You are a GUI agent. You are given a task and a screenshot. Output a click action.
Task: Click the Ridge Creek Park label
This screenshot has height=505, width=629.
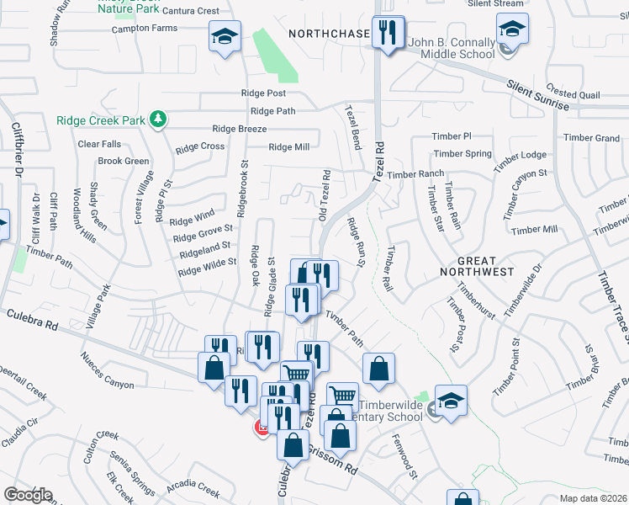[101, 120]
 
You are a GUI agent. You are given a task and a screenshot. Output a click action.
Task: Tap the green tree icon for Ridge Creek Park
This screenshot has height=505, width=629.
[157, 120]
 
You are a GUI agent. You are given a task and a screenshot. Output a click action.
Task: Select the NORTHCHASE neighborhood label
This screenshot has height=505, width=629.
[329, 34]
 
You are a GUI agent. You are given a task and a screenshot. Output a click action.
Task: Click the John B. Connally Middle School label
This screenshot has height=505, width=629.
[451, 48]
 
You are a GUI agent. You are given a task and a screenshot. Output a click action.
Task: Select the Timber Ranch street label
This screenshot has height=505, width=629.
[415, 174]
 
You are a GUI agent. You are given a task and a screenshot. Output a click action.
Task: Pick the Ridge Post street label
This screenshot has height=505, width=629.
[263, 93]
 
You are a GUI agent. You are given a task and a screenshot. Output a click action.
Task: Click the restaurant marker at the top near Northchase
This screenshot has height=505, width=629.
[387, 34]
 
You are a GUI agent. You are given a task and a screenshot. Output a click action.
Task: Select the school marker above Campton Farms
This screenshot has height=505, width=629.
[225, 37]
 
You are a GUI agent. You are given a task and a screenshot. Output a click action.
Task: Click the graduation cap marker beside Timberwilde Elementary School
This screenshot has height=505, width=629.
[451, 400]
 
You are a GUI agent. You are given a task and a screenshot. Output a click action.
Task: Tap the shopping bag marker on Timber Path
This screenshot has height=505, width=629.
[379, 367]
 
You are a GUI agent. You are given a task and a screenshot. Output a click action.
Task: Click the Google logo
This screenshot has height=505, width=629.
[29, 494]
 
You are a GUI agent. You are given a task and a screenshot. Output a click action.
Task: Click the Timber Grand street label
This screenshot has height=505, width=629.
[591, 138]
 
